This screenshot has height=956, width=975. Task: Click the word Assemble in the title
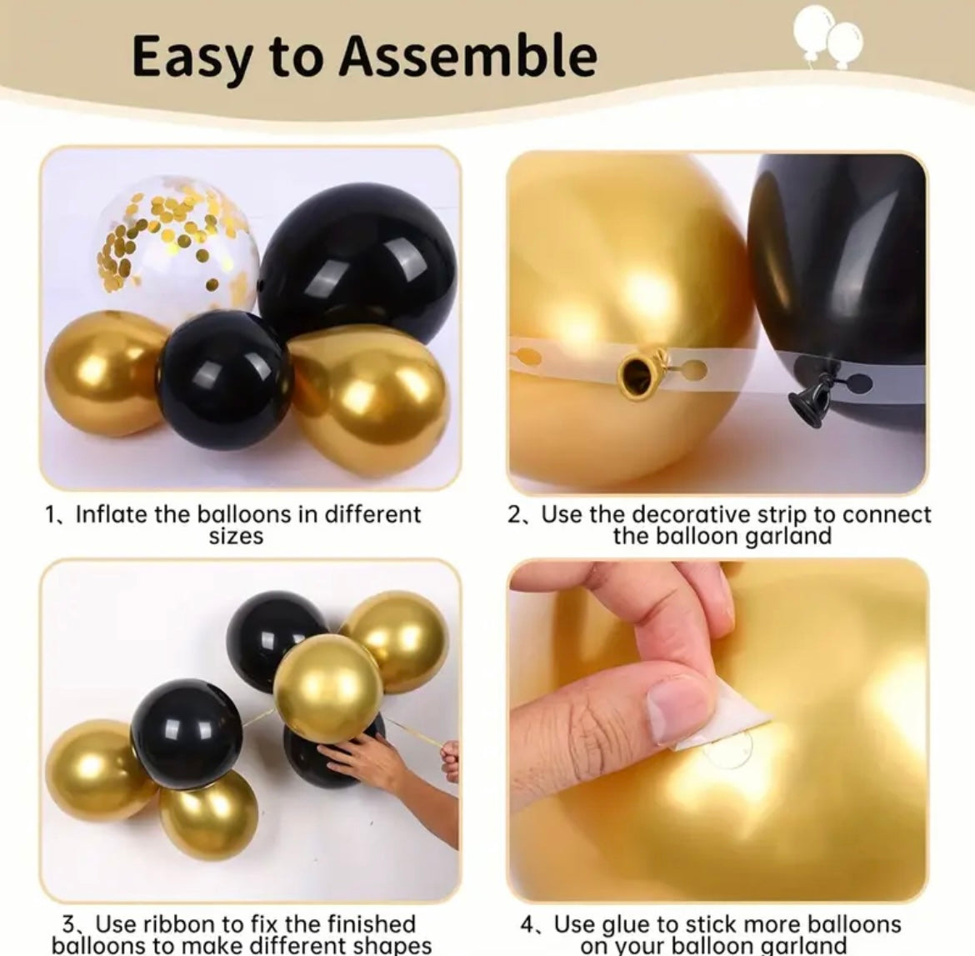coord(468,56)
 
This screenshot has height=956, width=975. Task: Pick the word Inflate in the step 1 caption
coord(110,514)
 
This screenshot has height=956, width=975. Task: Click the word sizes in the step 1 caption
coord(237,536)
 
